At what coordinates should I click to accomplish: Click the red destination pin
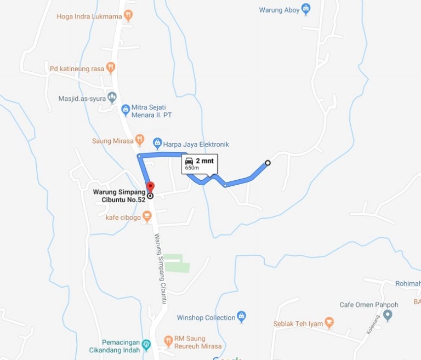click(151, 187)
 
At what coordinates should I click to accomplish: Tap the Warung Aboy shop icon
click(306, 9)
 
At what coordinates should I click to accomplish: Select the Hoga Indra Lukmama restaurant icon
click(128, 16)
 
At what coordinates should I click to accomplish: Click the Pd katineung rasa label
click(76, 68)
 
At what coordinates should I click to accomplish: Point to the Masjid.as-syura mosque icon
click(112, 98)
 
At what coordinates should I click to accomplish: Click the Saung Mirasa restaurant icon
click(139, 140)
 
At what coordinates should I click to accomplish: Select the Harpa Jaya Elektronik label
click(196, 145)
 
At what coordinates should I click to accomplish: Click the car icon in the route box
click(189, 161)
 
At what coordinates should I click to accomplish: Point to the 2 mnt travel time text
click(204, 161)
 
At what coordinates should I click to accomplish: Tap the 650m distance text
click(192, 168)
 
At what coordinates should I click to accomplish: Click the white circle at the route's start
click(268, 163)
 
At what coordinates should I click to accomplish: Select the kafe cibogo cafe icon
click(147, 217)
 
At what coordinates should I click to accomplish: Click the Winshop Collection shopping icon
click(241, 317)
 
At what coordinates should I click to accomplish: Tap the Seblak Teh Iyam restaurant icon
click(329, 323)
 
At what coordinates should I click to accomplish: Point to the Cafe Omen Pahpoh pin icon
click(388, 315)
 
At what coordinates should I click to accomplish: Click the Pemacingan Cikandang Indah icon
click(146, 345)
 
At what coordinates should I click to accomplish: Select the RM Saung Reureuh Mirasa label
click(197, 342)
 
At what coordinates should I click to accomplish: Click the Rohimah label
click(407, 284)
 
